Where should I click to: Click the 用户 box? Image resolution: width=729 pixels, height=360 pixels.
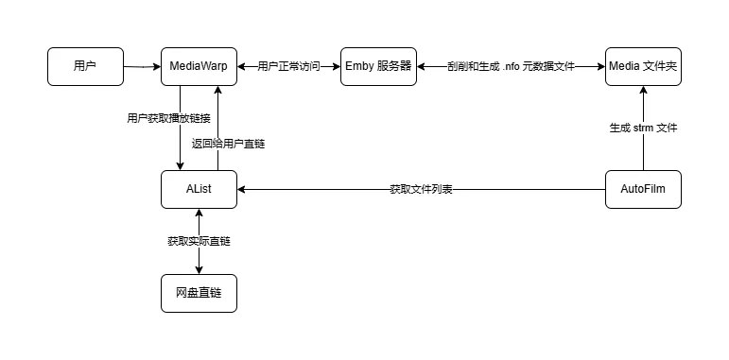[x=85, y=66]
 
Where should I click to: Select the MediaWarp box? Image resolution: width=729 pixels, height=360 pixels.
[x=199, y=66]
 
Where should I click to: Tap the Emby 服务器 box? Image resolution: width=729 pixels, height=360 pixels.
[x=378, y=66]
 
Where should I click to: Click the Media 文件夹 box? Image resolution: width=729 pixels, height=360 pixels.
[x=642, y=66]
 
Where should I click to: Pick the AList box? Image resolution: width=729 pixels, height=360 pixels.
[x=199, y=189]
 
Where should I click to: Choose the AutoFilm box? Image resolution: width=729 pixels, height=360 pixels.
[x=642, y=189]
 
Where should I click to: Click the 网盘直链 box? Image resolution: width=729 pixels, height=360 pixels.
[x=199, y=294]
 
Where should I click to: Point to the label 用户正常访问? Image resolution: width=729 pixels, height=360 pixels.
[x=288, y=67]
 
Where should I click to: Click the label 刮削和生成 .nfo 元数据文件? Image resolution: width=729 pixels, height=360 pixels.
[x=511, y=67]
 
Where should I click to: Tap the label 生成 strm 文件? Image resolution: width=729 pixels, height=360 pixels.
[x=642, y=128]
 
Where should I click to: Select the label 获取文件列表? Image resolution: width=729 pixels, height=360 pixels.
[x=421, y=190]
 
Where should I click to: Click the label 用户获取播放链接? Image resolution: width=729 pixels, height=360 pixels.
[x=168, y=118]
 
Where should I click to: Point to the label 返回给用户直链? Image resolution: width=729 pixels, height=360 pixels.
[x=228, y=144]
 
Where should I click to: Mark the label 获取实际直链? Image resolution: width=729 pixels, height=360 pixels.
[x=199, y=242]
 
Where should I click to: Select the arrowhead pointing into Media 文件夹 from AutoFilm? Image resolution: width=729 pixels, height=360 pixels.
[x=642, y=91]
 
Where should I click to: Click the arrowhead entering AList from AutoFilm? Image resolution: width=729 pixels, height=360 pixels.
[x=242, y=189]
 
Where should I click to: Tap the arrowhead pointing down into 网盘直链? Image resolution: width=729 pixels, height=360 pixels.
[x=199, y=269]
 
